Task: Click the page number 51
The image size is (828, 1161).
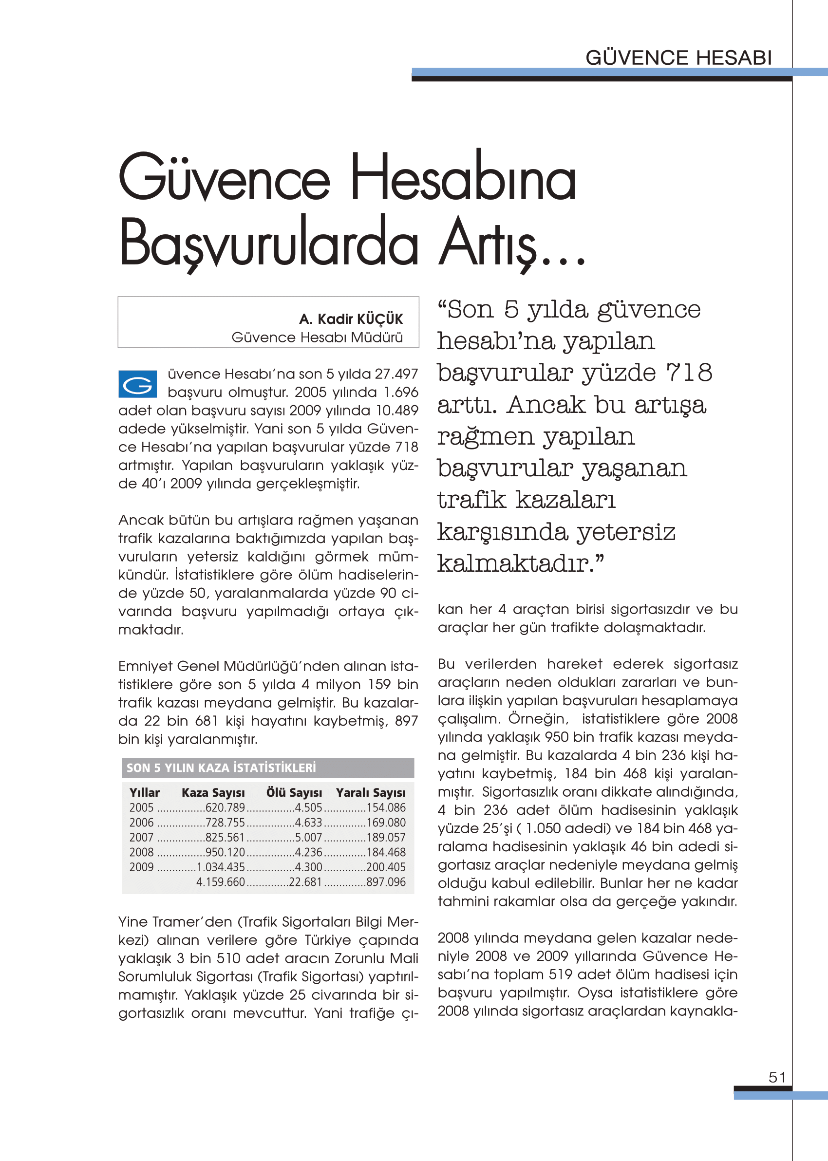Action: (x=777, y=1077)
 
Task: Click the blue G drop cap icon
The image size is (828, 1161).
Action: (x=137, y=384)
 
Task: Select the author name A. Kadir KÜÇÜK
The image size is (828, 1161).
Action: (x=351, y=319)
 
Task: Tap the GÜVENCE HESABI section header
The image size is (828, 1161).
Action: (x=678, y=57)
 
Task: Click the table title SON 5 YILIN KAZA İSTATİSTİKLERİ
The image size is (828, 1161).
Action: (x=221, y=768)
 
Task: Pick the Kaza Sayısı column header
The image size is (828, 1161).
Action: (x=213, y=792)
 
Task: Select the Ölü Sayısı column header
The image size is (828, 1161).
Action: (x=294, y=792)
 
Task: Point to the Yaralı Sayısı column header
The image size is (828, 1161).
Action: (x=371, y=792)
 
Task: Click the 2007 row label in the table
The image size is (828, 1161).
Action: (x=141, y=837)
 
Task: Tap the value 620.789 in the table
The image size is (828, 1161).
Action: (x=225, y=808)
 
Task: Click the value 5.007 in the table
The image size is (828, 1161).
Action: (x=308, y=837)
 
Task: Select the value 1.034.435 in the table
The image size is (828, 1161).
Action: (x=221, y=867)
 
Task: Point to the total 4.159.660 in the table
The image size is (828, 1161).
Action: (x=221, y=882)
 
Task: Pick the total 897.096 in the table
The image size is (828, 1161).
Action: (x=386, y=882)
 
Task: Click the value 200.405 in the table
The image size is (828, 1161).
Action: (x=386, y=867)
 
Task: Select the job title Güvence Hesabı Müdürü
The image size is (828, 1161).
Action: (x=317, y=337)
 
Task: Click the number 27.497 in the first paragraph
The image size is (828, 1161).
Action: (x=396, y=374)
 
